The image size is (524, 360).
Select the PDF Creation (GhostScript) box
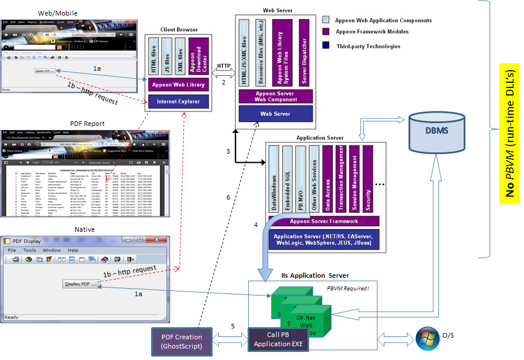(182, 342)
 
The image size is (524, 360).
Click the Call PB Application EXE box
(278, 340)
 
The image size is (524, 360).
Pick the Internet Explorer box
(179, 101)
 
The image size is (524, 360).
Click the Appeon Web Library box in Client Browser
(179, 85)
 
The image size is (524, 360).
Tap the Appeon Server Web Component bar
(275, 96)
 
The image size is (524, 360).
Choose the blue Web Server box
(275, 114)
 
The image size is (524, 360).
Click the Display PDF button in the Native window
(81, 284)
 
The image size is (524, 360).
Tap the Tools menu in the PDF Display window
(29, 250)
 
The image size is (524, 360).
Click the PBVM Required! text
(348, 288)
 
